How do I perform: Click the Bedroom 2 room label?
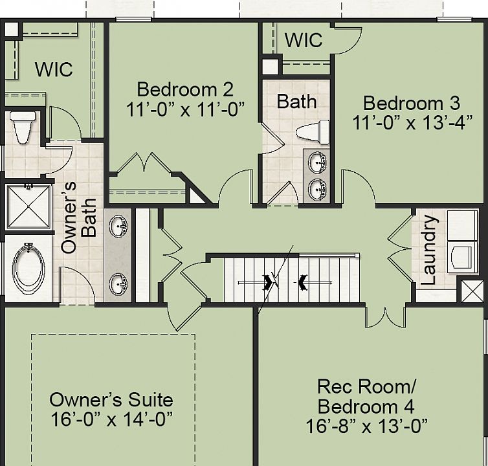(x=185, y=89)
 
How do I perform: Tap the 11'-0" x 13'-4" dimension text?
(x=412, y=122)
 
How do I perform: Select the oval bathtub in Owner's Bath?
(x=28, y=269)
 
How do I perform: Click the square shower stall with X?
(x=28, y=206)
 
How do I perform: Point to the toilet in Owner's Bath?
(x=23, y=127)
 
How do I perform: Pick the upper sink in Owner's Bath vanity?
(x=118, y=226)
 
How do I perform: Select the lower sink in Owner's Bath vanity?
(x=118, y=283)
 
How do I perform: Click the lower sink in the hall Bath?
(x=317, y=189)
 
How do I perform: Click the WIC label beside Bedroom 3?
(x=304, y=40)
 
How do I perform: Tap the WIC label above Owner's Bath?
(x=54, y=69)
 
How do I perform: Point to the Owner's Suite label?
(x=111, y=399)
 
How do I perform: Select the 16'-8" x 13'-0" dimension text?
(x=366, y=426)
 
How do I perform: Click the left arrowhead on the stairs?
(x=268, y=283)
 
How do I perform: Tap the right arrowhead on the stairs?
(x=302, y=283)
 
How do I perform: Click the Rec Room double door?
(x=386, y=316)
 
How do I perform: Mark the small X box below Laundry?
(x=472, y=291)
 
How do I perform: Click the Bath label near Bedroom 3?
(x=297, y=102)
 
